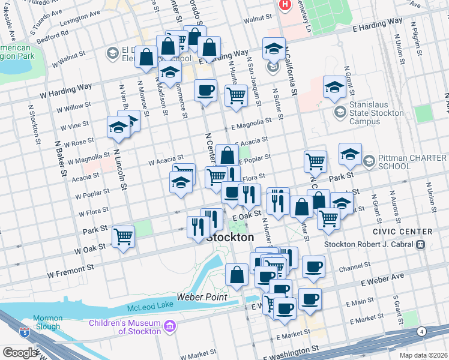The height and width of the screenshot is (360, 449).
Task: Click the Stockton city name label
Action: pos(230,238)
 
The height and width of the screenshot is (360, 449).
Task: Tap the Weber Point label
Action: pos(202,297)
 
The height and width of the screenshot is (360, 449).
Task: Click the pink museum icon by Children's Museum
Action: pos(170,326)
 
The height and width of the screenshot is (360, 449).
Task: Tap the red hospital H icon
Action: pos(285,5)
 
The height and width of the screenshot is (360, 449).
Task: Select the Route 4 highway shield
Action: pos(422,331)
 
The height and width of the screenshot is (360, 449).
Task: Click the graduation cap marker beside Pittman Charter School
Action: pos(350,154)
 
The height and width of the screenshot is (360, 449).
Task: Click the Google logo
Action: pos(20,353)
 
